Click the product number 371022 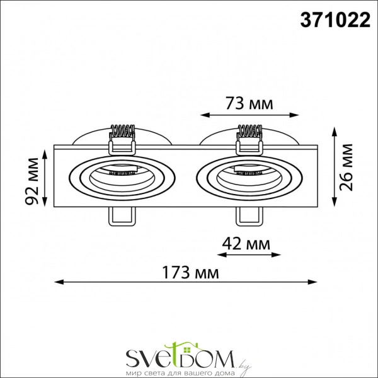tap(333, 21)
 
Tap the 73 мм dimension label tap(249, 103)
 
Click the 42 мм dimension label tap(248, 243)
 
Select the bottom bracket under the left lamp tap(122, 216)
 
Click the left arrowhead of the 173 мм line tap(55, 282)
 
